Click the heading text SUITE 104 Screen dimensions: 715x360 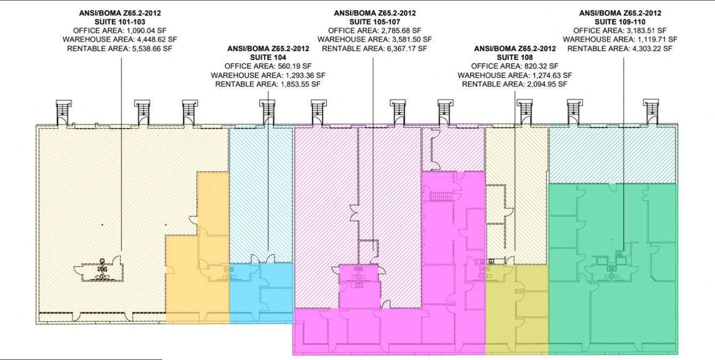pyautogui.click(x=268, y=58)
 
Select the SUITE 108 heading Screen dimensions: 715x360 pyautogui.click(x=515, y=58)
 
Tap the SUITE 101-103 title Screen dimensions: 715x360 pyautogui.click(x=120, y=22)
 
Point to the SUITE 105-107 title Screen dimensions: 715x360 pyautogui.click(x=375, y=22)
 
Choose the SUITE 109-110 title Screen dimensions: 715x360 pyautogui.click(x=620, y=22)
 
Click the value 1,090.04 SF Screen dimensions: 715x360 pyautogui.click(x=147, y=30)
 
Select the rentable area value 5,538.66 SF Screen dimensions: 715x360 pyautogui.click(x=152, y=49)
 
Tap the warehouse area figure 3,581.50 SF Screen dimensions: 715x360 pyautogui.click(x=412, y=39)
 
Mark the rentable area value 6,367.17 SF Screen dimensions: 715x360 pyautogui.click(x=407, y=49)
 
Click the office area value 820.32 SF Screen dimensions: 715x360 pyautogui.click(x=541, y=66)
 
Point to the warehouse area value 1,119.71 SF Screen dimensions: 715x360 pyautogui.click(x=657, y=39)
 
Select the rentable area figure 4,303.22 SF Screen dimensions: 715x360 pyautogui.click(x=652, y=49)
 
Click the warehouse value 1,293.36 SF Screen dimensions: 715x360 pyautogui.click(x=305, y=75)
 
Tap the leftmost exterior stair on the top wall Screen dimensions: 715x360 pyautogui.click(x=64, y=113)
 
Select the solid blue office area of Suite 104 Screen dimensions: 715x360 pyautogui.click(x=261, y=292)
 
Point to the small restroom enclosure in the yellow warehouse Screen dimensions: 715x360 pyautogui.click(x=101, y=270)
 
